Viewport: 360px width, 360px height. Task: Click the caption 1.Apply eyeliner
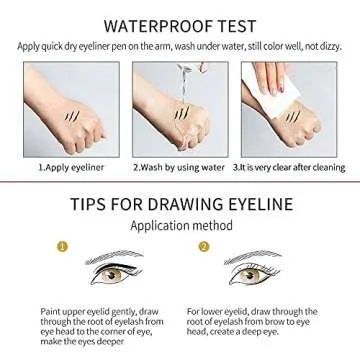tap(68, 167)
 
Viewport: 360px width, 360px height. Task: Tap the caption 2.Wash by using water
tap(179, 167)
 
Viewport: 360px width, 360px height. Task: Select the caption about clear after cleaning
tap(289, 167)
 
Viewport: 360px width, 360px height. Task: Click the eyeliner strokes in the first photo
tap(71, 117)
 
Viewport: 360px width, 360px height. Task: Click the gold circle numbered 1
tap(61, 246)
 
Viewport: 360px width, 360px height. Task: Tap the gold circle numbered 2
tap(204, 246)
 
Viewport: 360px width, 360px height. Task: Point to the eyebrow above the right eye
tap(253, 256)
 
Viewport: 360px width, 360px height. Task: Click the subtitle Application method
tap(180, 226)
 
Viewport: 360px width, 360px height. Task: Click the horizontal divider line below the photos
tap(180, 182)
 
